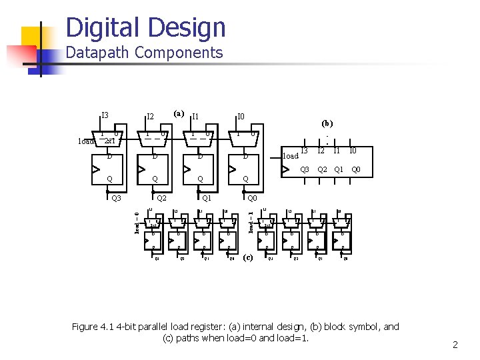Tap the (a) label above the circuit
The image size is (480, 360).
click(179, 113)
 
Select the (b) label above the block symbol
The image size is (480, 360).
click(327, 123)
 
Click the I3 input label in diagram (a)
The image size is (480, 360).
click(105, 116)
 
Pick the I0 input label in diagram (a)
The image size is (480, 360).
click(241, 117)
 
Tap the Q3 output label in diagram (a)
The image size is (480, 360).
click(115, 198)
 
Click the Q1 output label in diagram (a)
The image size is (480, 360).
click(207, 198)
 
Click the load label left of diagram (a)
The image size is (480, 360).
click(85, 141)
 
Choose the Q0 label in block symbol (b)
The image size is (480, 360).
click(356, 169)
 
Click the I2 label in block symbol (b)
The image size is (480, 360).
click(321, 151)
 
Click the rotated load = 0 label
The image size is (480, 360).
click(137, 222)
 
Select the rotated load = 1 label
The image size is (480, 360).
click(251, 222)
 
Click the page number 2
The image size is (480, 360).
click(455, 345)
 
